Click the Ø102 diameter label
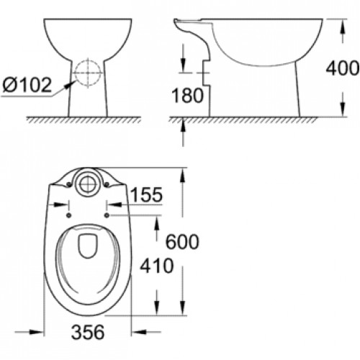[27, 86]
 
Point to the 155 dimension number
[147, 194]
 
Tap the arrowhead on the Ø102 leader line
[70, 81]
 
